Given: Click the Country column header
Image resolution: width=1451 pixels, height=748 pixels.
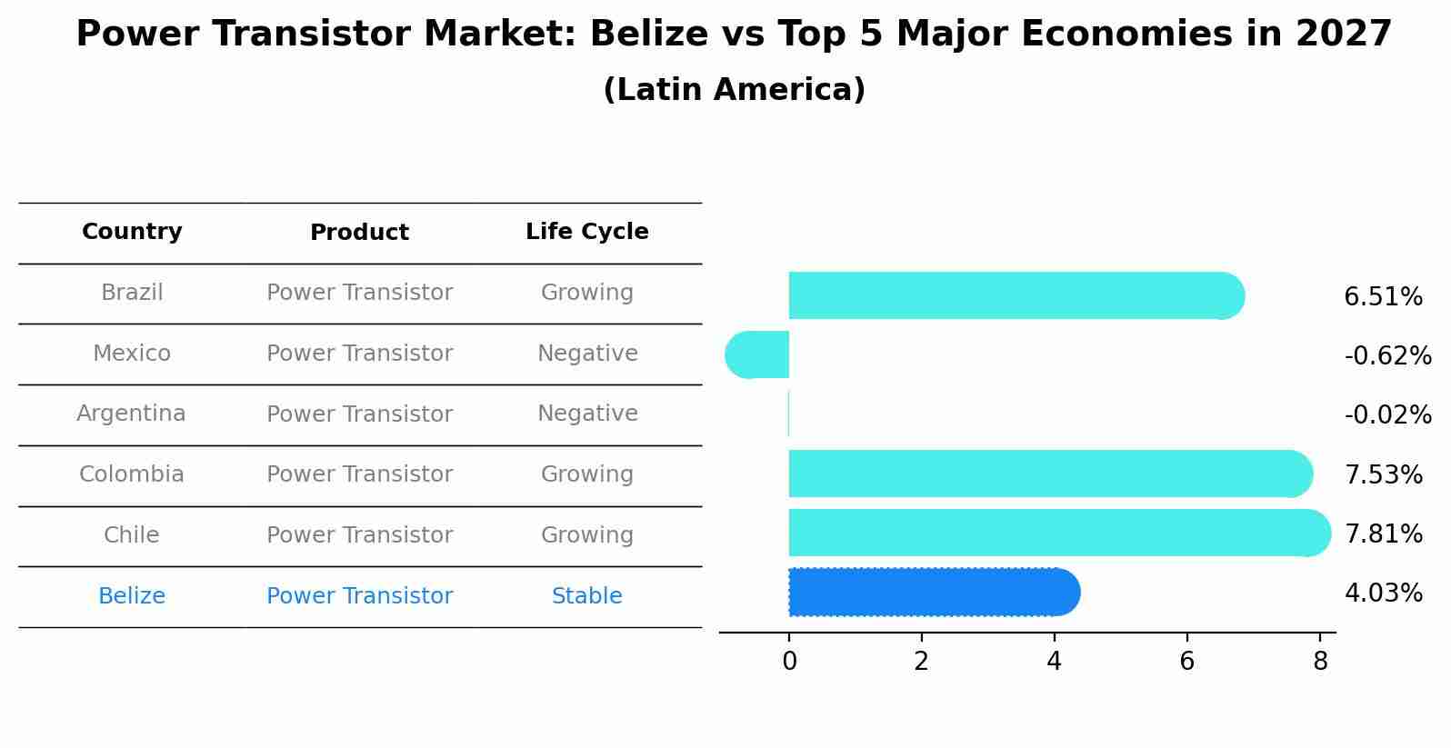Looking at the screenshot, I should [132, 232].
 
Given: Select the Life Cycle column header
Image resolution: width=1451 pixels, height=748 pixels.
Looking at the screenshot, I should [586, 232].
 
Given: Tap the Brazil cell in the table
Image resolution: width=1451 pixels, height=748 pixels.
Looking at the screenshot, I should [132, 293].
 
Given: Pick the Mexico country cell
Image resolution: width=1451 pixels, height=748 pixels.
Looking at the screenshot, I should [132, 354].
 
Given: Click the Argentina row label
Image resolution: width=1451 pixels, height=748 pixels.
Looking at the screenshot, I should [131, 414].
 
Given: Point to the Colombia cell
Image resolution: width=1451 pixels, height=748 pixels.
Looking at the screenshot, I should [132, 474].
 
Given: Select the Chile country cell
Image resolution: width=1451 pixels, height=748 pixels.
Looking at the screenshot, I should [132, 535].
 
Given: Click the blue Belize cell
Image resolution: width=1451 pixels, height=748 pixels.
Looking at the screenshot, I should [132, 596].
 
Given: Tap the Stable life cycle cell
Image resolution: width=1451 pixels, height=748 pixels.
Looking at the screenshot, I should [586, 596].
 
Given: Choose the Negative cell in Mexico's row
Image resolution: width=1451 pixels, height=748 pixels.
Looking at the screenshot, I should [587, 354].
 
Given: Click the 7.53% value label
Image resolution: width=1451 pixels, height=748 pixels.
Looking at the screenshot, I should [1383, 474].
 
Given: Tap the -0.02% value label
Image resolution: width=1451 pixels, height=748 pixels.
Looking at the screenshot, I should [1387, 415].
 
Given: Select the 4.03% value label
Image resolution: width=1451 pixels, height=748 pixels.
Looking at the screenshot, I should [1383, 593].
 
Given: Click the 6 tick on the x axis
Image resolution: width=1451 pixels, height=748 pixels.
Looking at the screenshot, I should [1186, 662].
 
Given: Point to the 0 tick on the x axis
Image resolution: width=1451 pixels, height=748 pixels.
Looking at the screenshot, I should [789, 662].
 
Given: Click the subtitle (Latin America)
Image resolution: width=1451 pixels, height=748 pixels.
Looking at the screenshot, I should [734, 90].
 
